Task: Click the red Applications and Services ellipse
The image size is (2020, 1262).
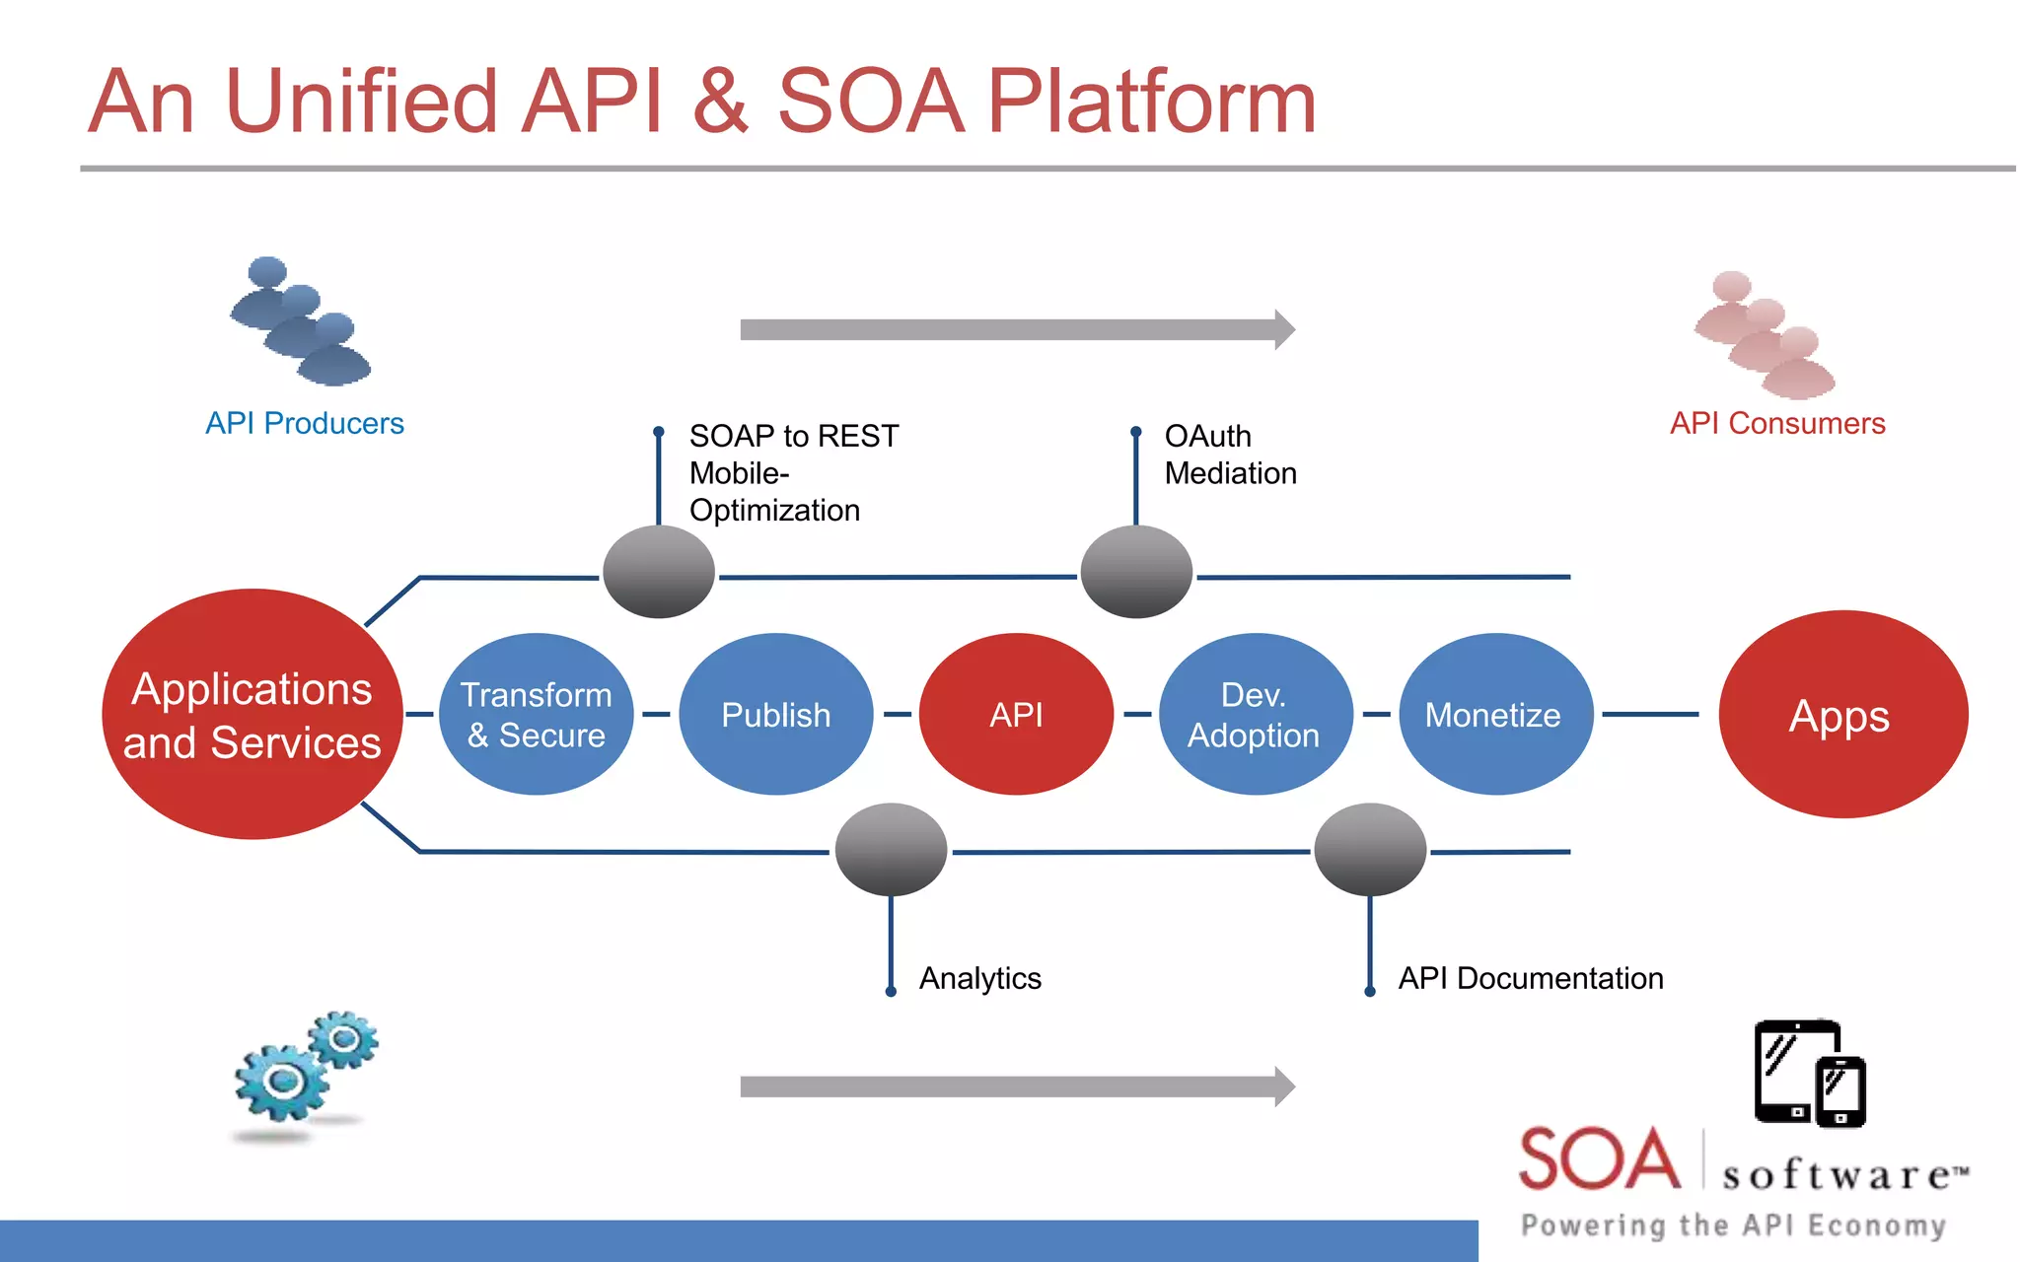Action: (x=252, y=714)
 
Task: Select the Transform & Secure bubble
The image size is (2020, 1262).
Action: (x=536, y=714)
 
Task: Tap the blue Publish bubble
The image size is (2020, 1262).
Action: (x=776, y=714)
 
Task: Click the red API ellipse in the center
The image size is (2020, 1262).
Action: (x=1016, y=714)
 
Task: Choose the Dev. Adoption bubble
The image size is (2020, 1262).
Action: (x=1255, y=714)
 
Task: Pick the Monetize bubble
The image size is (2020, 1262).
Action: (x=1494, y=714)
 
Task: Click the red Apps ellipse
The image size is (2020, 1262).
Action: (x=1841, y=714)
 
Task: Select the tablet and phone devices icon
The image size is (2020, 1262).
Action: (x=1810, y=1074)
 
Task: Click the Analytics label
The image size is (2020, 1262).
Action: (x=979, y=978)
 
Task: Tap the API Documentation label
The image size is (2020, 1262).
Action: (x=1530, y=978)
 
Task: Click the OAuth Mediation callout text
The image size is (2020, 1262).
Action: (x=1229, y=455)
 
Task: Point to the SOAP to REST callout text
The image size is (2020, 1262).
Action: (x=793, y=436)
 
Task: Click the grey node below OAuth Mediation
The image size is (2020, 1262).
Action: (x=1136, y=572)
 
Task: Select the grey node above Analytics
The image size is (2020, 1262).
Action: (x=891, y=849)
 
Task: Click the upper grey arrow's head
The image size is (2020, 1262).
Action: (x=1283, y=329)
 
